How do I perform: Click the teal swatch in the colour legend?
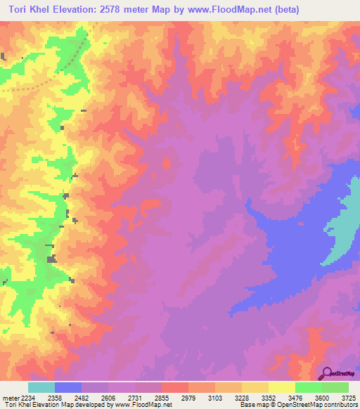tap(41, 387)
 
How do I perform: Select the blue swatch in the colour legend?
tap(68, 387)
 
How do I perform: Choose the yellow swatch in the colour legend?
tap(281, 387)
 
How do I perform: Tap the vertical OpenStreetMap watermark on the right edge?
tap(351, 196)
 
